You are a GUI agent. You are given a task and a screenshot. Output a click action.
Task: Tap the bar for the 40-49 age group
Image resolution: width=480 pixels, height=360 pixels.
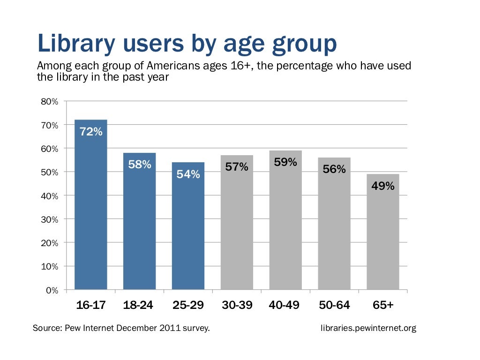pos(285,220)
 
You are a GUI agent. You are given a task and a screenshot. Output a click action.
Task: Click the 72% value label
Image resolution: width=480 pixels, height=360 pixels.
pos(91,132)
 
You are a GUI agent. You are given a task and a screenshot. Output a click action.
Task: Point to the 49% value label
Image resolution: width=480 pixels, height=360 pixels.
pos(382,186)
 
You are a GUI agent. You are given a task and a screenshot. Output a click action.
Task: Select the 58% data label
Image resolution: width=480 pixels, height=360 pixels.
pos(140,165)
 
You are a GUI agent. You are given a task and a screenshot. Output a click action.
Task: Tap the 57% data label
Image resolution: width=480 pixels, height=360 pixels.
pos(237,166)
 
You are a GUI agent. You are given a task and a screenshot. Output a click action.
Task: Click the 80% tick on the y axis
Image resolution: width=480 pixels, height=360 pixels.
pos(49,101)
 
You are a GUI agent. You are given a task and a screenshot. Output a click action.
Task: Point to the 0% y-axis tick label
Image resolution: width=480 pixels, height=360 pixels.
pos(52,290)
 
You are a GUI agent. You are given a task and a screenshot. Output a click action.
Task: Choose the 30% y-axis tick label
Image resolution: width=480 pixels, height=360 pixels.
pos(49,219)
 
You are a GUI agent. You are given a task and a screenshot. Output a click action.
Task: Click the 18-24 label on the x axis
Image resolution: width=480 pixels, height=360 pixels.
pos(138,305)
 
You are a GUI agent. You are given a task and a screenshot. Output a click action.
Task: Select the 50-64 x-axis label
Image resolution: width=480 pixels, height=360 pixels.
pos(334,305)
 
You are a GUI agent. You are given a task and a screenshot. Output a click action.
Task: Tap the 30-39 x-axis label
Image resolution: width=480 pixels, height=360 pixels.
pos(237,305)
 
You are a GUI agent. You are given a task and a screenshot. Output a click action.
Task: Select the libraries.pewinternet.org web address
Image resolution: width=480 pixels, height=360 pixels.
pos(368,328)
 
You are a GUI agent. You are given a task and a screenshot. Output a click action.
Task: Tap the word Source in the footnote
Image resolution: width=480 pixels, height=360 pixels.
pos(46,328)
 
